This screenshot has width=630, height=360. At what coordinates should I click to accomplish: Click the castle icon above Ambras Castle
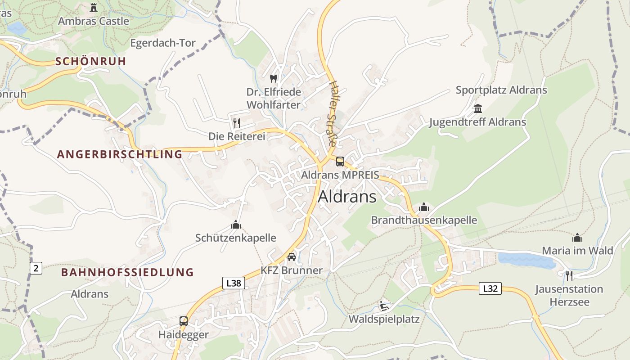click(94, 8)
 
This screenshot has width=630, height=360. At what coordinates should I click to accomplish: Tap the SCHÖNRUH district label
click(91, 62)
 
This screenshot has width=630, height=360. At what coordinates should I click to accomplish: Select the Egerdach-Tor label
click(163, 43)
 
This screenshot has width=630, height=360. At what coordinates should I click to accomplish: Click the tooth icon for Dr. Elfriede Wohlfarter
click(273, 78)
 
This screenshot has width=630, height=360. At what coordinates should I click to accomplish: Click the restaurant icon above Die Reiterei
click(237, 123)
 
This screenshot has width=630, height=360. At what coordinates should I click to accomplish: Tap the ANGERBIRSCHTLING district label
click(120, 154)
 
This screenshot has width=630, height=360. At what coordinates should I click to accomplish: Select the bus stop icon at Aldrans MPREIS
click(340, 162)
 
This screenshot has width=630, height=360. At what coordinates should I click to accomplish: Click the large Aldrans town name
click(347, 197)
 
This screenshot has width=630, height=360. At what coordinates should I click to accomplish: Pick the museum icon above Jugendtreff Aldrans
click(477, 109)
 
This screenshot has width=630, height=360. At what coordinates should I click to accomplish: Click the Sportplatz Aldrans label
click(501, 90)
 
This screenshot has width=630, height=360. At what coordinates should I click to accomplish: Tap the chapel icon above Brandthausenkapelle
click(424, 207)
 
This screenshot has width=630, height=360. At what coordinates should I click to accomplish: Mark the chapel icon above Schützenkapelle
click(236, 225)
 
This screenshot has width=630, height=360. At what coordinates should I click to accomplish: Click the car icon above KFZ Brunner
click(292, 257)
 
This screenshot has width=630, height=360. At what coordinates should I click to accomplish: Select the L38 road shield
click(234, 283)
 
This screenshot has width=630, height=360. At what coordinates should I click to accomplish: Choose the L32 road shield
click(490, 288)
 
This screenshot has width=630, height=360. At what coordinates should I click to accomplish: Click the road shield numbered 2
click(36, 269)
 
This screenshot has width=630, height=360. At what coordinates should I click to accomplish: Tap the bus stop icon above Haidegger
click(184, 321)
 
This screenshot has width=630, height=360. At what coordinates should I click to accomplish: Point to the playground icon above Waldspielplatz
click(383, 306)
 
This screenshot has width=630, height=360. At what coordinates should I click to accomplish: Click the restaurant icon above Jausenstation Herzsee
click(569, 275)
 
